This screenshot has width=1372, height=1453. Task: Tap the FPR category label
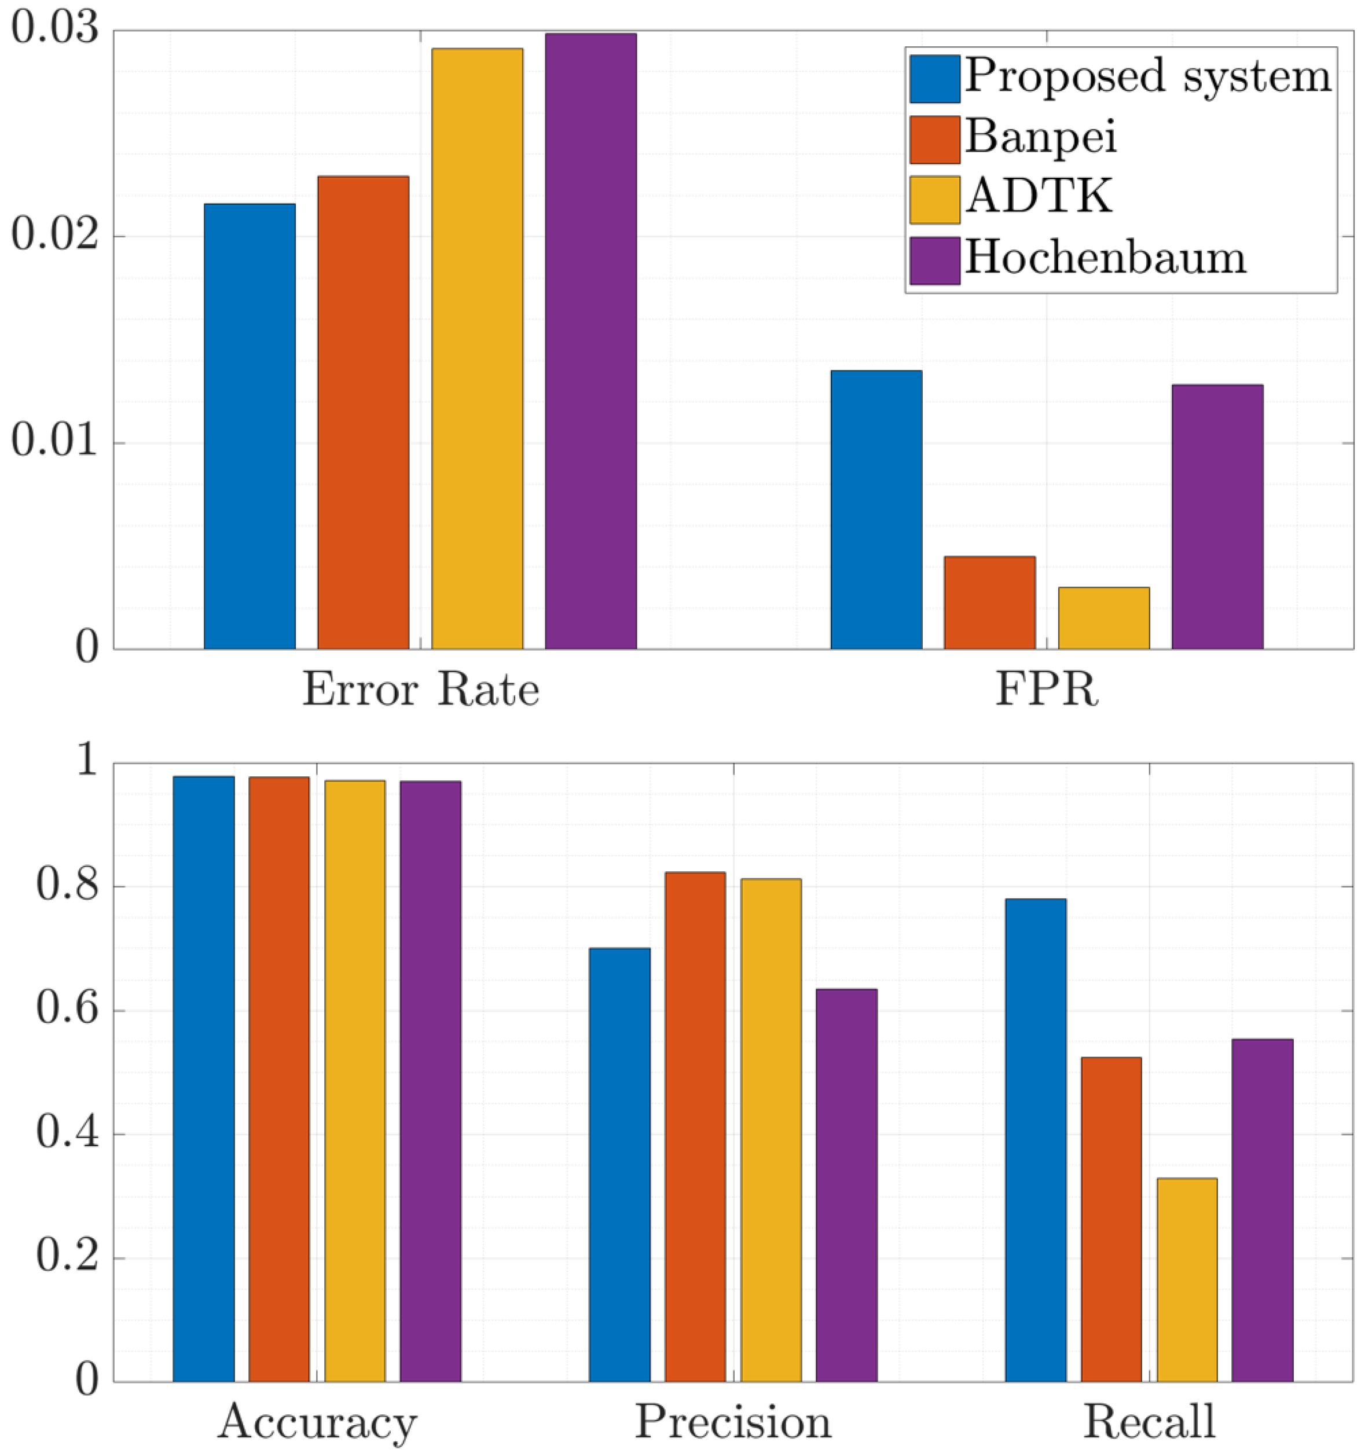(1047, 689)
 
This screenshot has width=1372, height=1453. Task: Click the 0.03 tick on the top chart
(55, 31)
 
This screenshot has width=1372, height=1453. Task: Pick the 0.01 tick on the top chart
(55, 442)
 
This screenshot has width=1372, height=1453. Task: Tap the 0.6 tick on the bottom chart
(67, 1011)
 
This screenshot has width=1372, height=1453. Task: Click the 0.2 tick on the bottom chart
(67, 1258)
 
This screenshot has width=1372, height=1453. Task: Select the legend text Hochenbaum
(1105, 258)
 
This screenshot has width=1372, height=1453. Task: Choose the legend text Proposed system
(1147, 75)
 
